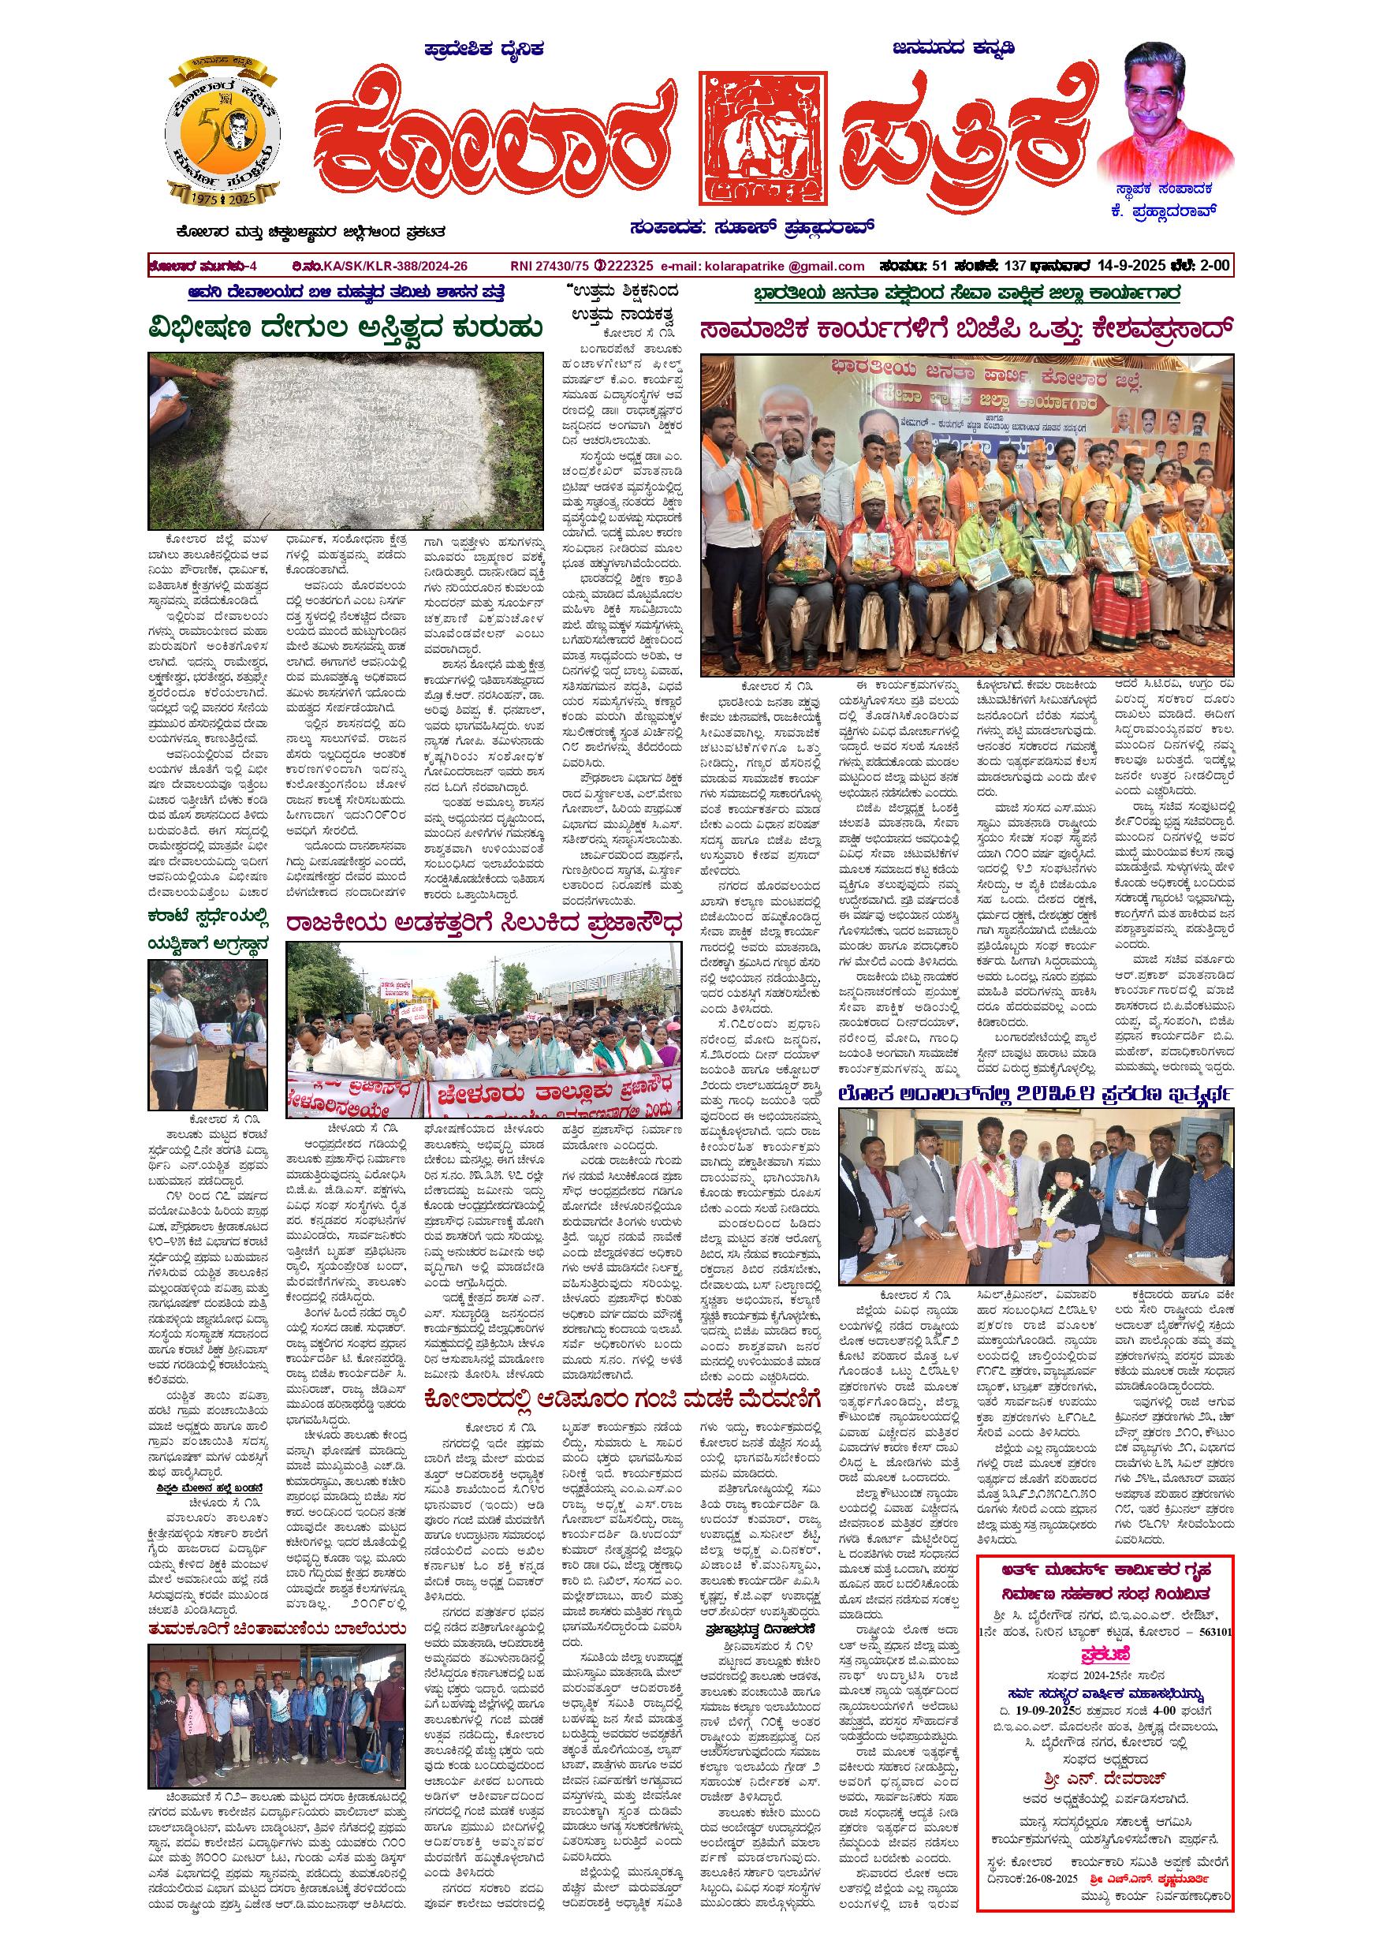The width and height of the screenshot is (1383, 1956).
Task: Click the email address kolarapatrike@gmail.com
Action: [774, 266]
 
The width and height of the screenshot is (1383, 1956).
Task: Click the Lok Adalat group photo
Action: [1034, 1196]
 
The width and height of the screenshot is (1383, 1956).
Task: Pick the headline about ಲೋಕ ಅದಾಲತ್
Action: [1034, 1094]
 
